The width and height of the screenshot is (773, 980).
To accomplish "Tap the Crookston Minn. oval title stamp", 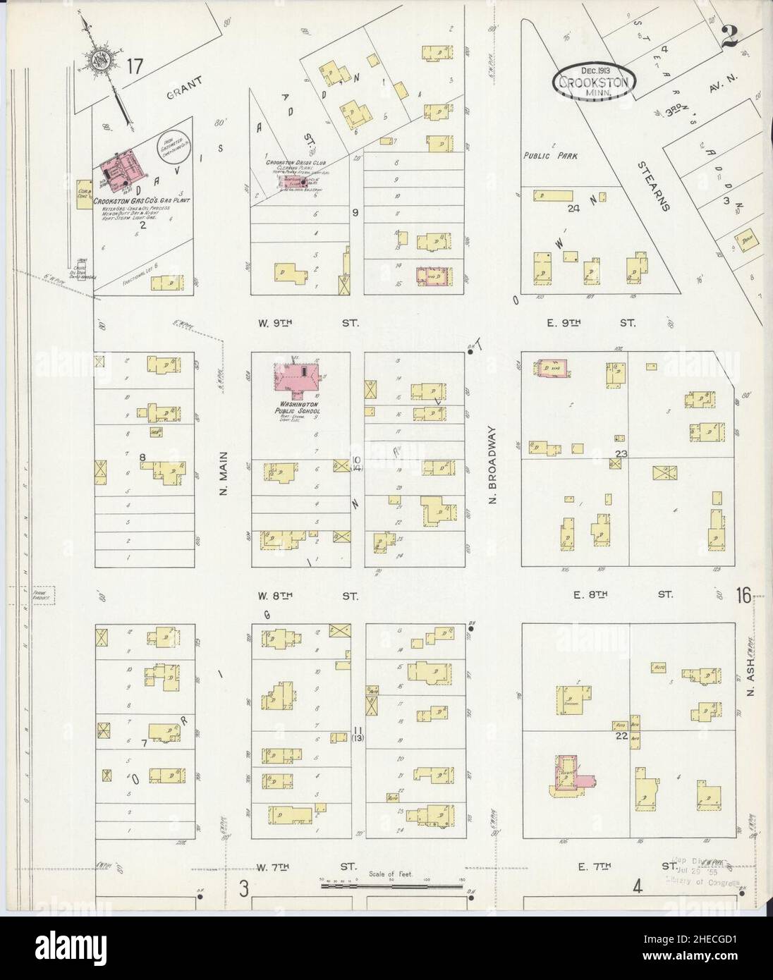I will tap(595, 81).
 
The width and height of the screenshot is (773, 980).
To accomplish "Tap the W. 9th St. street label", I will tap(308, 323).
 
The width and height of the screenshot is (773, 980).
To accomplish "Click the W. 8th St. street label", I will tap(308, 596).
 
